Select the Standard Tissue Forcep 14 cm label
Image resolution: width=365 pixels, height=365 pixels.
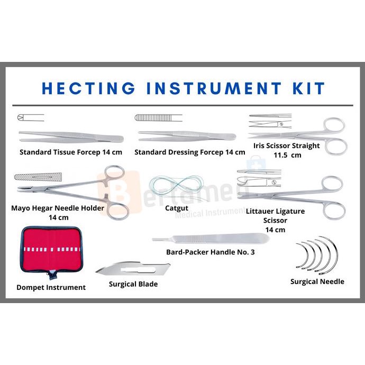point(71,152)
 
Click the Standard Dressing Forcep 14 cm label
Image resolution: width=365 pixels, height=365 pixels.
point(189,152)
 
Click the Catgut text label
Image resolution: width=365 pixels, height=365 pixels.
point(177,208)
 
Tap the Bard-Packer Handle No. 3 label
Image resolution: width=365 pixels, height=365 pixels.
point(210,252)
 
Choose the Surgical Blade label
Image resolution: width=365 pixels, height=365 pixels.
point(133,284)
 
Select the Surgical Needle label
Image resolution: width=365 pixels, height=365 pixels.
point(317,281)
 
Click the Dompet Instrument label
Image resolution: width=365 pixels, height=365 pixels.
point(51,287)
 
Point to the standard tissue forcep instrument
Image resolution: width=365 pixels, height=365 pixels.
point(71,137)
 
